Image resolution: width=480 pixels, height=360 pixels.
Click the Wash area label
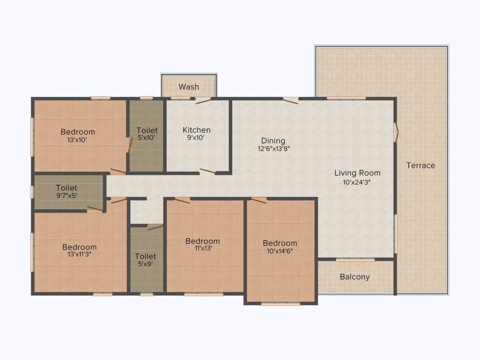tap(189, 87)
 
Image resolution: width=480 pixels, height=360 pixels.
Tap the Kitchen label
tap(196, 130)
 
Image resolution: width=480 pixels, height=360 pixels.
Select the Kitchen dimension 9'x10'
tap(196, 138)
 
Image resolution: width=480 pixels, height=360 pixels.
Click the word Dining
tap(273, 141)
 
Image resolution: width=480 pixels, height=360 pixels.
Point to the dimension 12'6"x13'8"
tap(274, 149)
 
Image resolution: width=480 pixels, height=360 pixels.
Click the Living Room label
tap(357, 173)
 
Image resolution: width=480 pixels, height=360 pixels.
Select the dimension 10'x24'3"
tap(357, 182)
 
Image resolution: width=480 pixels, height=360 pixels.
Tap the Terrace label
tap(420, 165)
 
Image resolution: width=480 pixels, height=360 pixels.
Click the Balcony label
tap(355, 277)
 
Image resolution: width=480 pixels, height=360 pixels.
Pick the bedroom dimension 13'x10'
tap(77, 140)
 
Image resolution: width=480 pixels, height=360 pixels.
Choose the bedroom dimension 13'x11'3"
tap(79, 254)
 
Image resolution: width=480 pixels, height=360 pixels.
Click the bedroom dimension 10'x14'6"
tap(280, 251)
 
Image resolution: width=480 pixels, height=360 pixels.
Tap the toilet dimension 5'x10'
tap(146, 138)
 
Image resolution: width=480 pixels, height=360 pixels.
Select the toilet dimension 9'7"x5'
tap(67, 195)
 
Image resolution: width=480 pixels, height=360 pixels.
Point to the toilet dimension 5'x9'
tap(145, 264)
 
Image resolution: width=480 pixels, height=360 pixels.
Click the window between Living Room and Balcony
tap(355, 260)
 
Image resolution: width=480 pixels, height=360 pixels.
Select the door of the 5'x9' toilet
tap(155, 227)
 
